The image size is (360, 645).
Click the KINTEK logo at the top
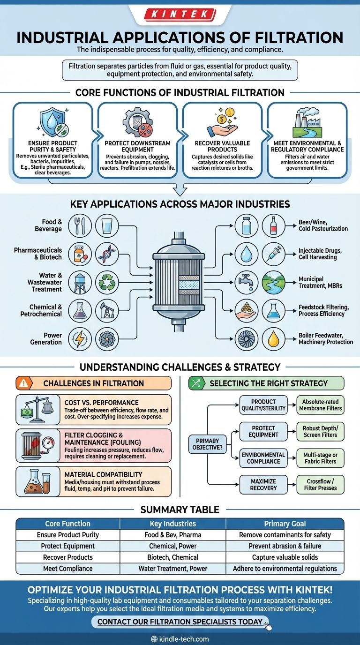coord(180,15)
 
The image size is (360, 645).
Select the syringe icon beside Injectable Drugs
coord(273,254)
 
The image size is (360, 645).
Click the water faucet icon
coord(245,282)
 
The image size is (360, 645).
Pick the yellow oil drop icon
coord(273,339)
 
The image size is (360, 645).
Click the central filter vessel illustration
coord(180,281)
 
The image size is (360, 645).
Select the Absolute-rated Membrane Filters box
coord(320,405)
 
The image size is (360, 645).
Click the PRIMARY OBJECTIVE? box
coord(207,444)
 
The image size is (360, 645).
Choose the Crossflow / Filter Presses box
coord(320,485)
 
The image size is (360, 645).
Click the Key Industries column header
coord(172,524)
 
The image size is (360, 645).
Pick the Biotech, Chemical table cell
coord(172,557)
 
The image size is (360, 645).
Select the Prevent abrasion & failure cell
coord(285,546)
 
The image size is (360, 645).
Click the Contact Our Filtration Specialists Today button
coord(180,622)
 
